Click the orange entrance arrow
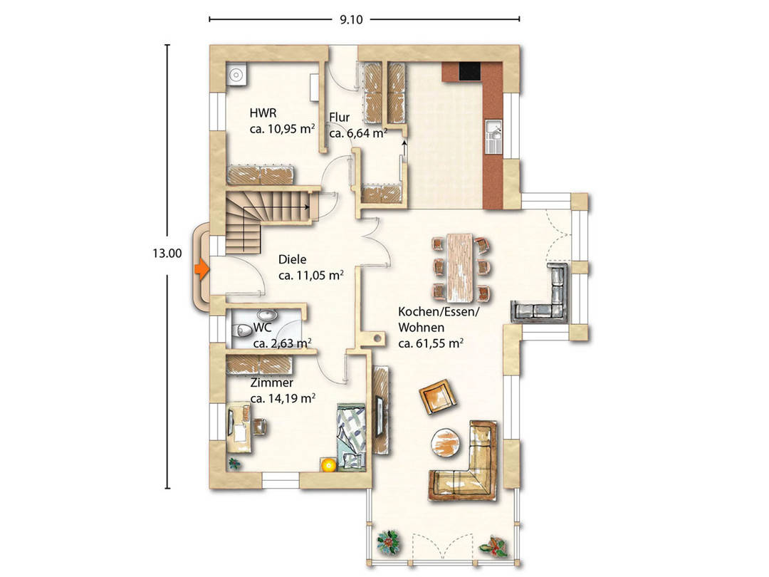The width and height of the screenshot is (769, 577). pyautogui.click(x=202, y=269)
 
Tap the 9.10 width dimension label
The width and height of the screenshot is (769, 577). pyautogui.click(x=351, y=20)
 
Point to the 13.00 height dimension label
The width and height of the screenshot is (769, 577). pyautogui.click(x=167, y=254)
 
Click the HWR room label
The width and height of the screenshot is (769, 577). pyautogui.click(x=263, y=113)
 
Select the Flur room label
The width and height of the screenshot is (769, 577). pyautogui.click(x=340, y=118)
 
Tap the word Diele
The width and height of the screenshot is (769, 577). pyautogui.click(x=293, y=259)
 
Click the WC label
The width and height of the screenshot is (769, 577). pyautogui.click(x=262, y=328)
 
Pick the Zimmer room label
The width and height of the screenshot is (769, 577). pyautogui.click(x=272, y=383)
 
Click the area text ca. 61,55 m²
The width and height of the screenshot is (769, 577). pyautogui.click(x=431, y=343)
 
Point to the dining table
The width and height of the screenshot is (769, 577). pyautogui.click(x=459, y=268)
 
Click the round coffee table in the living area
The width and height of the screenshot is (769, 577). pyautogui.click(x=446, y=443)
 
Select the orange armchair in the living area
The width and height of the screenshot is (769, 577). pyautogui.click(x=438, y=396)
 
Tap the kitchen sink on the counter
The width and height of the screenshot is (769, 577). pyautogui.click(x=494, y=137)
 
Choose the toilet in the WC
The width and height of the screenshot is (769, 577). pyautogui.click(x=241, y=331)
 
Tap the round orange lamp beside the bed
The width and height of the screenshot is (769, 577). pyautogui.click(x=328, y=464)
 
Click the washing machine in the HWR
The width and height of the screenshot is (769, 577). pyautogui.click(x=236, y=75)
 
